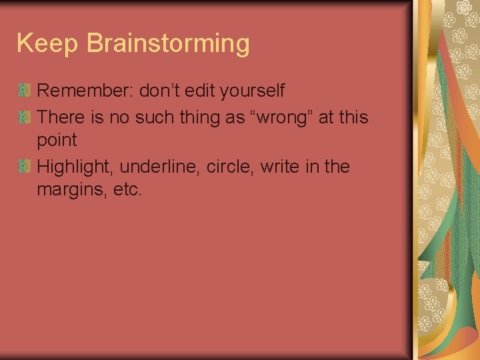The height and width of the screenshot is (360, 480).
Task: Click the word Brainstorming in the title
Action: [168, 44]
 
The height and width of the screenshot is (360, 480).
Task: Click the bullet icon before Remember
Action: [25, 90]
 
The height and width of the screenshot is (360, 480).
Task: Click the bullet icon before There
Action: [25, 117]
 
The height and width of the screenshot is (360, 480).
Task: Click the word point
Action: [57, 141]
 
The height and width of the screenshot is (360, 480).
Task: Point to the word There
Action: [61, 117]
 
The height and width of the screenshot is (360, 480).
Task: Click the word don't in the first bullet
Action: [161, 90]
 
